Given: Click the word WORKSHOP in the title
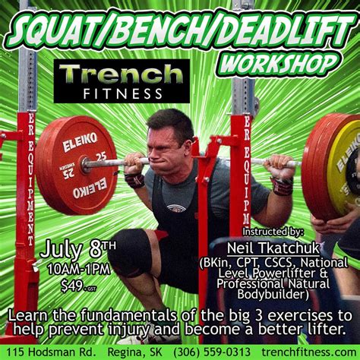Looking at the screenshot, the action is pos(277,64).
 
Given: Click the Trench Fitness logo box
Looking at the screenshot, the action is pos(122,81).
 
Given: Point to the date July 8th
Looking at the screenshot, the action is pos(78,250).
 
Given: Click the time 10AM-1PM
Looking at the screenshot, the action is pos(79,270).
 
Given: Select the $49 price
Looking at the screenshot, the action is pos(75,286).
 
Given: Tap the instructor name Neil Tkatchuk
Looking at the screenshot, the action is pos(273,248).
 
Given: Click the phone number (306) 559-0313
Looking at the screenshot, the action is pos(212,352).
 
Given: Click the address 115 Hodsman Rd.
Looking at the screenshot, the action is pos(51,352).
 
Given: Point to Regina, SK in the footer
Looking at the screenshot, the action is pos(134,352).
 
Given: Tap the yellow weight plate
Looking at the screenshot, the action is pos(345,172).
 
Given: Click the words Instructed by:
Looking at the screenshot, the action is pos(273,232).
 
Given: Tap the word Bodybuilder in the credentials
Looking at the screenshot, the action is pos(273,295).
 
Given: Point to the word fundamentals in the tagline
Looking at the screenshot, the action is pos(128,316).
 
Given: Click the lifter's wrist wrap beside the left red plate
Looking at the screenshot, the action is pos(134,181).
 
